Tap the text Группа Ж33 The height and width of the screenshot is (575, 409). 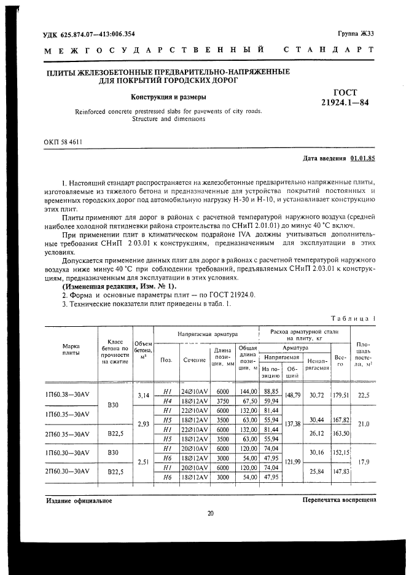pyautogui.click(x=356, y=34)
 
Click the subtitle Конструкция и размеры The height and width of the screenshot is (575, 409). pyautogui.click(x=168, y=96)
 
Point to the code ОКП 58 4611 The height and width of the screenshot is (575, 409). pyautogui.click(x=63, y=142)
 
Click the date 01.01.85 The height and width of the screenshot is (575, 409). pyautogui.click(x=362, y=158)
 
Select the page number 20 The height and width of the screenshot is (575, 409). pyautogui.click(x=209, y=514)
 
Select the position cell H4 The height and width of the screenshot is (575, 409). pyautogui.click(x=166, y=401)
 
